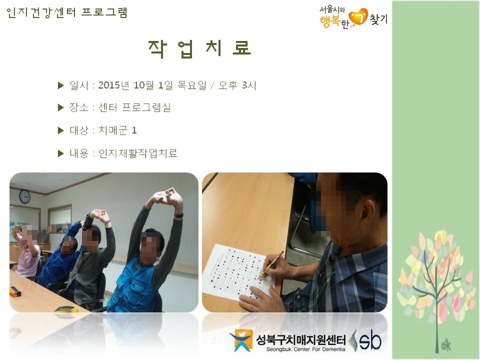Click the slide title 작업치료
coord(199,48)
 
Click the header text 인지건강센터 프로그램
coord(66,12)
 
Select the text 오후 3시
coord(237,85)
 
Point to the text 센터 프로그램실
coord(134,107)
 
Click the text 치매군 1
coord(117,130)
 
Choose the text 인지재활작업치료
coord(138,153)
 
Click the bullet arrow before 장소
coord(60,108)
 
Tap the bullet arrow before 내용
coord(60,153)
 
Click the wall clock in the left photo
coord(25,196)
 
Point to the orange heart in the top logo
coord(358,17)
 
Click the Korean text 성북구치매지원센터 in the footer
coord(300,340)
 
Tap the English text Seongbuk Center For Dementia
coord(305,349)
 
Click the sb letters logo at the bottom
coord(370,340)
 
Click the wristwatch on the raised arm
coord(179,215)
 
